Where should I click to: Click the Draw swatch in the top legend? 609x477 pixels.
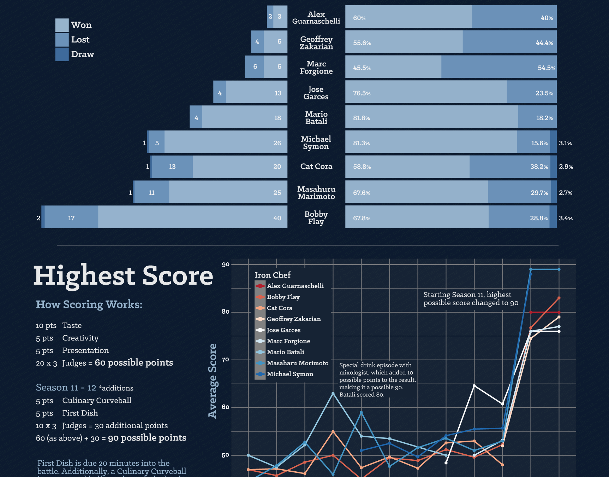click(62, 54)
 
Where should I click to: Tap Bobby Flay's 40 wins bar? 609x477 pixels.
click(192, 217)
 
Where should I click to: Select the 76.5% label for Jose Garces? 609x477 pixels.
click(362, 93)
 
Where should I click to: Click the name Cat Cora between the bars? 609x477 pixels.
click(316, 167)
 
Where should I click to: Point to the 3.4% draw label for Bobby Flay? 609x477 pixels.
click(566, 218)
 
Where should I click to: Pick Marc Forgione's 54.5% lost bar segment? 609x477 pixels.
click(498, 67)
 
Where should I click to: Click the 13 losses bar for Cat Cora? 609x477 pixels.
click(172, 167)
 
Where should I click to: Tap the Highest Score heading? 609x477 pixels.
click(123, 275)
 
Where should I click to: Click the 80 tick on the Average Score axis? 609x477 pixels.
click(225, 312)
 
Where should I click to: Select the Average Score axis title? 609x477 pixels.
click(213, 381)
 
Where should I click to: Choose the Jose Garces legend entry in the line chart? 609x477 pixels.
click(283, 330)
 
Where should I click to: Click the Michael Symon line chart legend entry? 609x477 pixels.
click(290, 374)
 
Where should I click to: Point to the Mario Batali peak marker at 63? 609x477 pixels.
click(333, 393)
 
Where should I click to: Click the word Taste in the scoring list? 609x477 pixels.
click(72, 325)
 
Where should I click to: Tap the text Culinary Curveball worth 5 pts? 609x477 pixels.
click(97, 400)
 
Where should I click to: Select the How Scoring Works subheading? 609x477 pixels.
click(89, 304)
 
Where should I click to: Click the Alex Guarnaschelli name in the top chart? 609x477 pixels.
click(316, 18)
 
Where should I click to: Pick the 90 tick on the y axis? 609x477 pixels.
click(225, 264)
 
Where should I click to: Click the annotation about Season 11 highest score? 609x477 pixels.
click(471, 298)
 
